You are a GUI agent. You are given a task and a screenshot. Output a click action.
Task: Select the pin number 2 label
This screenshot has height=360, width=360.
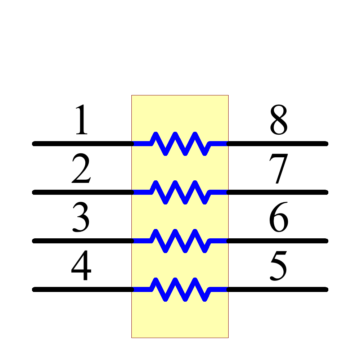click(x=81, y=169)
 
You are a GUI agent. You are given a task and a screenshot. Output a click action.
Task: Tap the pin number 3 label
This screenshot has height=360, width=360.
click(x=81, y=218)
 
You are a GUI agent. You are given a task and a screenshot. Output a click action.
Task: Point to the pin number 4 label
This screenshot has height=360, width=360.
click(x=81, y=266)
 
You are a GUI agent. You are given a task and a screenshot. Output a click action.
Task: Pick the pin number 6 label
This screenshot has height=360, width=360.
click(x=279, y=218)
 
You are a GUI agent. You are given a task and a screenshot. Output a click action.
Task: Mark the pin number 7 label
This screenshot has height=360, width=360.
click(x=279, y=169)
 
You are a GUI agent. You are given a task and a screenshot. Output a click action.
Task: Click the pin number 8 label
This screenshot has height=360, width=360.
click(x=279, y=121)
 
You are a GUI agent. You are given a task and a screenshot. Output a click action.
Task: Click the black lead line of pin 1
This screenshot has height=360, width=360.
click(x=83, y=144)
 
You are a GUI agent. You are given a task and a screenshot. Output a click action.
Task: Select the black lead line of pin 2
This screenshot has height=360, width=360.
click(x=83, y=192)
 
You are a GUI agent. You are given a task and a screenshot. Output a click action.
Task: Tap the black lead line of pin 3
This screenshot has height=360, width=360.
click(x=83, y=241)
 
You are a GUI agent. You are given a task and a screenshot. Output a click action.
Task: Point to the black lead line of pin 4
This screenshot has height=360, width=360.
click(x=83, y=289)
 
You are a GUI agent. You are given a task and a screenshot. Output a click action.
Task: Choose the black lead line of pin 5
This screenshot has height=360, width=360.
click(x=277, y=289)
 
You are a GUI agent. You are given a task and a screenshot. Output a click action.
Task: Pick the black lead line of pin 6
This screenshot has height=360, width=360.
click(x=277, y=241)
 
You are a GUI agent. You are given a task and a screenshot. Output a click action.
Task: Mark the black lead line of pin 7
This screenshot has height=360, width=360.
click(x=277, y=192)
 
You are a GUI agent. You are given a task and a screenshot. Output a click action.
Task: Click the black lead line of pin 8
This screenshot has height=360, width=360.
click(x=277, y=144)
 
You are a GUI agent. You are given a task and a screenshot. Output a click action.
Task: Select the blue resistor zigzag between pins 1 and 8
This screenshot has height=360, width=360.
click(x=180, y=144)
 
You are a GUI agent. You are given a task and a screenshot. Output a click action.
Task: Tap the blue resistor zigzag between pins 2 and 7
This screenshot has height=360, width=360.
click(x=180, y=192)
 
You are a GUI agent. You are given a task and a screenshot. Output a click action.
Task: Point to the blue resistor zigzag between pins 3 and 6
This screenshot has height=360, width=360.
click(x=180, y=241)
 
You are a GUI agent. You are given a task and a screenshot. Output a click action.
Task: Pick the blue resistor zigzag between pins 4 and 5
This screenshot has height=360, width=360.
click(x=180, y=289)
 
